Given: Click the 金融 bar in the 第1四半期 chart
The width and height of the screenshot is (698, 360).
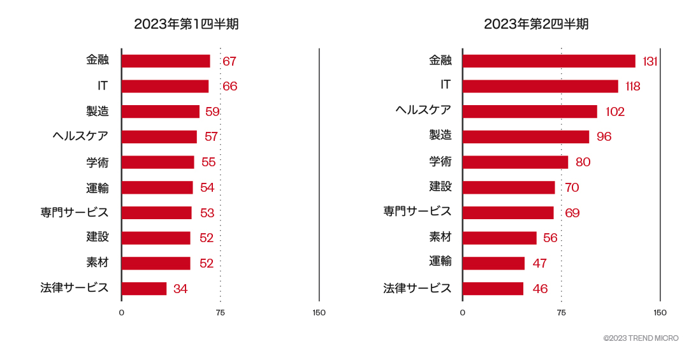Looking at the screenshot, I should click(x=166, y=61).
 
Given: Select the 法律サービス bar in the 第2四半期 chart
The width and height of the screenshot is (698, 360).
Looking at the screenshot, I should click(x=493, y=289).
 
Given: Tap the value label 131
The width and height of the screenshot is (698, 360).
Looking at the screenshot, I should click(x=650, y=61).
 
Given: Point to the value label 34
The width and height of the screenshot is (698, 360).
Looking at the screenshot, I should click(x=180, y=289).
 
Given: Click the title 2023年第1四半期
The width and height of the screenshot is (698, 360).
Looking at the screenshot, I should click(x=186, y=24).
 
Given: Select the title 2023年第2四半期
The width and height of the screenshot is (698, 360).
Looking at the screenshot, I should click(x=535, y=24).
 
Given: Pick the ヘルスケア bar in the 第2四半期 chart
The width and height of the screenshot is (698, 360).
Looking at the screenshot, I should click(x=530, y=112).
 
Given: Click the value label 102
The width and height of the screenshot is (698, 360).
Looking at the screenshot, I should click(x=615, y=112).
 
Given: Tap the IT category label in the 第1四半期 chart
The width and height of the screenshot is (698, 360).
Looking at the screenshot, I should click(x=103, y=85).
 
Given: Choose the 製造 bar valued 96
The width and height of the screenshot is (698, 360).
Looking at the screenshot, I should click(x=526, y=137).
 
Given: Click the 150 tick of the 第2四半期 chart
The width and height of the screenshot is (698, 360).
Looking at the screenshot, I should click(x=660, y=313).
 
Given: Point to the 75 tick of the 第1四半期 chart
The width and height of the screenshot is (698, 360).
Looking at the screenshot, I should click(x=220, y=313).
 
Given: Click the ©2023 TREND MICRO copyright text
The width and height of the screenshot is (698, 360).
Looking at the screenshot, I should click(x=641, y=338).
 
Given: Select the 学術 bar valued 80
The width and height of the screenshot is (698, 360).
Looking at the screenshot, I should click(x=515, y=162).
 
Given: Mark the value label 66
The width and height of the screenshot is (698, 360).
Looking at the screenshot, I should click(x=229, y=86).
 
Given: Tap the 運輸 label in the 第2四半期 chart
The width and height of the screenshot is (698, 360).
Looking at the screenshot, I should click(x=440, y=261).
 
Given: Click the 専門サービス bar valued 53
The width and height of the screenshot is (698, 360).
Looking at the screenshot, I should click(x=156, y=213).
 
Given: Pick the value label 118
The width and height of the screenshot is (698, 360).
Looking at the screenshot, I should click(x=632, y=86).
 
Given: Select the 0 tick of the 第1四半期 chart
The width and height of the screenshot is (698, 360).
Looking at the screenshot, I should click(x=121, y=313).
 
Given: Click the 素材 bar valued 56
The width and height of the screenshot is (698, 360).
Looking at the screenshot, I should click(x=500, y=238).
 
